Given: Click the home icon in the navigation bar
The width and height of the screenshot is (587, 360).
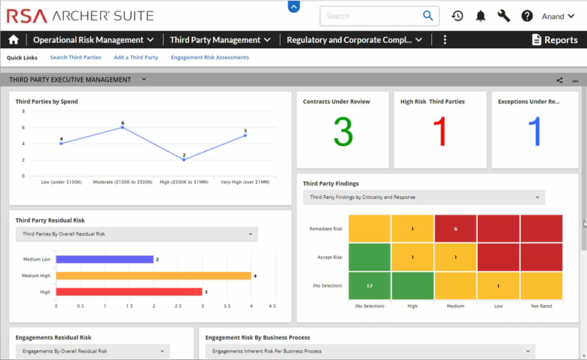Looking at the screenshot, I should click(x=13, y=40).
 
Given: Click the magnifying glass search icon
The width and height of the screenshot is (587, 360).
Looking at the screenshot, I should click(x=428, y=16).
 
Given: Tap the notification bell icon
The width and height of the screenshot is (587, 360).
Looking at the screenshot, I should click(x=480, y=16).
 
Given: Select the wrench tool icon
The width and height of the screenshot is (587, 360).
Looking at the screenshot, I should click(x=503, y=16).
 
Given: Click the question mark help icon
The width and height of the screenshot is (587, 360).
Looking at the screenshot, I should click(x=527, y=16).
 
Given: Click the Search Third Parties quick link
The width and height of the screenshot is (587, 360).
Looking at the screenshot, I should click(x=75, y=57).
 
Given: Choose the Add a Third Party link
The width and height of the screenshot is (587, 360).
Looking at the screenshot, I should click(x=136, y=57).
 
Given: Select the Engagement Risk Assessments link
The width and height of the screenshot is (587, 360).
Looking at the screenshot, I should click(x=210, y=57).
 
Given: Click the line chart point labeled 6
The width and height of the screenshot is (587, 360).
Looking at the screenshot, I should click(x=123, y=127).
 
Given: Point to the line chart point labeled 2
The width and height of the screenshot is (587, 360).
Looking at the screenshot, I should click(x=184, y=160).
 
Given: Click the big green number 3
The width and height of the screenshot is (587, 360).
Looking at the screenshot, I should click(x=342, y=132).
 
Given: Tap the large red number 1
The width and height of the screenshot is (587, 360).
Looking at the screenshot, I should click(x=440, y=132).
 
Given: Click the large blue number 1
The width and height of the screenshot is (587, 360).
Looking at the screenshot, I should click(x=535, y=132).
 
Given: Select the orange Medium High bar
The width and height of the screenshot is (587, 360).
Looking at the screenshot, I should click(x=154, y=276).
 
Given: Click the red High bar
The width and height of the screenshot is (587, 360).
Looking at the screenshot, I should click(x=129, y=291).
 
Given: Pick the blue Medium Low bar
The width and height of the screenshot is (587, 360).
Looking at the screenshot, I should click(x=105, y=259).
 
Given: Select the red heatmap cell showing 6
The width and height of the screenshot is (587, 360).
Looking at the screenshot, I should click(x=455, y=228).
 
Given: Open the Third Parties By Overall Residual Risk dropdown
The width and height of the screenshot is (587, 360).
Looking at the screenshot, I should click(x=136, y=234).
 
